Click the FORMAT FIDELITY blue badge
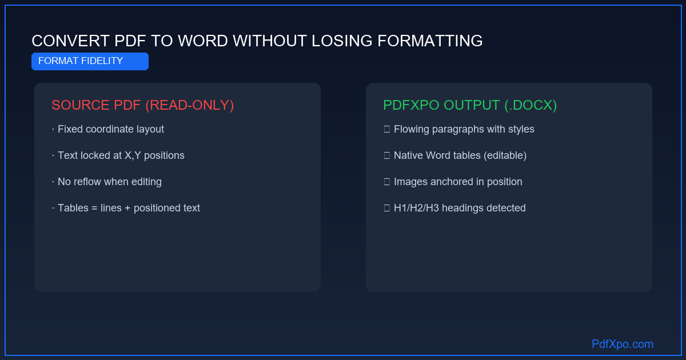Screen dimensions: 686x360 90,61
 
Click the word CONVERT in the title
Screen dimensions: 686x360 70,41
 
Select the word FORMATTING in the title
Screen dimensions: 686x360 430,41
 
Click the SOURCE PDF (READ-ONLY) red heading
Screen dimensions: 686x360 143,105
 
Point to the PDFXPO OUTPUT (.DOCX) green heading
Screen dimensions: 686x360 470,105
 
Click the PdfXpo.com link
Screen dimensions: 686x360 623,344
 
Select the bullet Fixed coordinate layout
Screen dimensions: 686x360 108,129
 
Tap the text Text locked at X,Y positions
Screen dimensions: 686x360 118,155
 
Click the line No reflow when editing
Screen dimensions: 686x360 107,182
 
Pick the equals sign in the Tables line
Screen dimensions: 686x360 94,208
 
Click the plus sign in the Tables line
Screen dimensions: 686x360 127,208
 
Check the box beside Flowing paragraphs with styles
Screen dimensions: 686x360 387,129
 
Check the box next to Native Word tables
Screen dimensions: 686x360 387,155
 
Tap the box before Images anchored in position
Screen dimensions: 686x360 387,182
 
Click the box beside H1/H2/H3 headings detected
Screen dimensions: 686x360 387,208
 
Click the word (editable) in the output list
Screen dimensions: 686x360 505,155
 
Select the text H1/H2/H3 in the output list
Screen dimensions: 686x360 416,208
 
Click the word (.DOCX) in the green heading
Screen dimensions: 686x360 531,105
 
